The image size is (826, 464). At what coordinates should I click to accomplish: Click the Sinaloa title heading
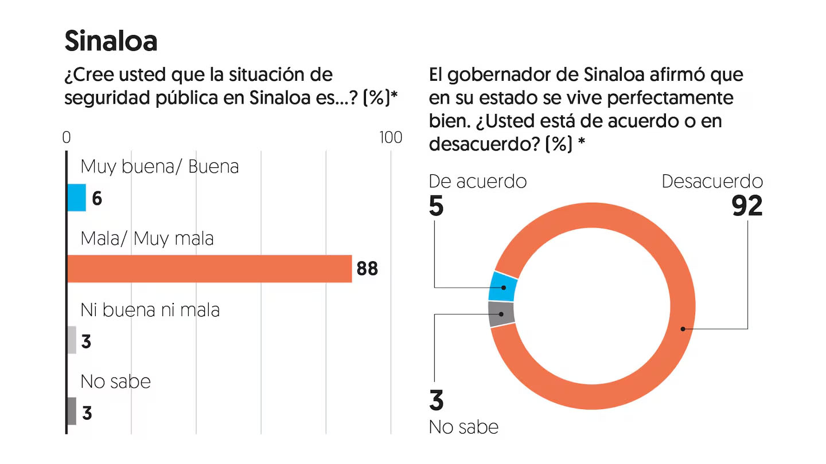(x=111, y=41)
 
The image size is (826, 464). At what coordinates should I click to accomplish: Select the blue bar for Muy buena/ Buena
(x=77, y=198)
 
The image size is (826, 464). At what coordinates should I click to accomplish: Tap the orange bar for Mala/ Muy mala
(x=209, y=269)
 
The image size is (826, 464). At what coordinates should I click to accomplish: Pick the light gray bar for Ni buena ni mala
(x=72, y=340)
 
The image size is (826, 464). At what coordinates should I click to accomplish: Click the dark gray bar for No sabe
(x=72, y=411)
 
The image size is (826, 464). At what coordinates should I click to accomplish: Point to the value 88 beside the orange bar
(x=367, y=269)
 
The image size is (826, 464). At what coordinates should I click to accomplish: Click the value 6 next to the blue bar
(x=97, y=199)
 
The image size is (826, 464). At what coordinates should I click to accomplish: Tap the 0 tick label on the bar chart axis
(x=67, y=137)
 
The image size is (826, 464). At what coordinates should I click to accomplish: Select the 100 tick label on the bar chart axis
(x=390, y=137)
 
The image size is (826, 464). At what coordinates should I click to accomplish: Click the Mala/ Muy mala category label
(x=147, y=238)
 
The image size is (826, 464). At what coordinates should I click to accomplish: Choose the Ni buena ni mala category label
(x=150, y=309)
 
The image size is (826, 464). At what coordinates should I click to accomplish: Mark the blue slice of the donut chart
(x=503, y=286)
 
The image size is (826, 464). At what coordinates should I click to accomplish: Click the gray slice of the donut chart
(x=501, y=314)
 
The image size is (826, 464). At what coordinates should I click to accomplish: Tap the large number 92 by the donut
(x=747, y=206)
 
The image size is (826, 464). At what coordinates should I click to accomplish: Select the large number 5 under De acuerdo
(x=437, y=206)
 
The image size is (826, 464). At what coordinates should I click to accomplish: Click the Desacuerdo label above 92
(x=712, y=181)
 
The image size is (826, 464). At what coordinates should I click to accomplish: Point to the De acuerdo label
(x=478, y=181)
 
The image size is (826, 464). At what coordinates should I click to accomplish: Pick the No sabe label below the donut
(x=463, y=427)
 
